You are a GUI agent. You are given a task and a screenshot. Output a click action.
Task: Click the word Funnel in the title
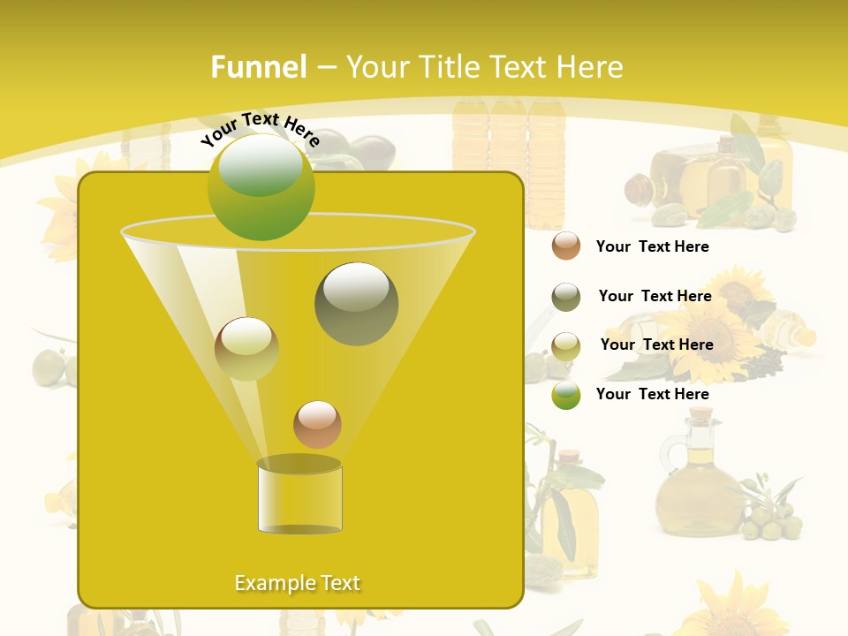coord(258,67)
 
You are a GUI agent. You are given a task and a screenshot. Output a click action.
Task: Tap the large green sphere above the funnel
coord(261,187)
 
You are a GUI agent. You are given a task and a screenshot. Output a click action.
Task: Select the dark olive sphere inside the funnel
coord(356,304)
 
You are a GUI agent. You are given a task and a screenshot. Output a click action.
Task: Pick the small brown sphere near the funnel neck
coord(317,424)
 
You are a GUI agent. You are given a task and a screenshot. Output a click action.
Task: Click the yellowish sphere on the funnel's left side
coord(246,349)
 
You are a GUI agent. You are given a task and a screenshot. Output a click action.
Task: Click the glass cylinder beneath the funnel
coord(299,499)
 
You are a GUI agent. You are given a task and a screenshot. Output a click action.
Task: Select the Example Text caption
coord(297,583)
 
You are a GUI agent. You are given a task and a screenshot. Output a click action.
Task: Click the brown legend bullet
coord(566,246)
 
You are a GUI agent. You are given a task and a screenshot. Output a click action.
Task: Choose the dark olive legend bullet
coord(566,297)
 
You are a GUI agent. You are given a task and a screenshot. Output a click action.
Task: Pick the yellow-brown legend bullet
coord(566,345)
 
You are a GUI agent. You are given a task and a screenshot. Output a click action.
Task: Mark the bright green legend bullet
coord(566,395)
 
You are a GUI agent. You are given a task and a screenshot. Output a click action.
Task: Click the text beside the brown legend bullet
coord(652,246)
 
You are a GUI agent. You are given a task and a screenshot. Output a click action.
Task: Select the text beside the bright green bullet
coord(652,394)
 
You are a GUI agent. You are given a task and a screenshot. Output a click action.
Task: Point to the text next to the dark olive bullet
coord(655,296)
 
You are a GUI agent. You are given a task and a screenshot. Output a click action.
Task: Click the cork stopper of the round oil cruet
coord(700,413)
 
